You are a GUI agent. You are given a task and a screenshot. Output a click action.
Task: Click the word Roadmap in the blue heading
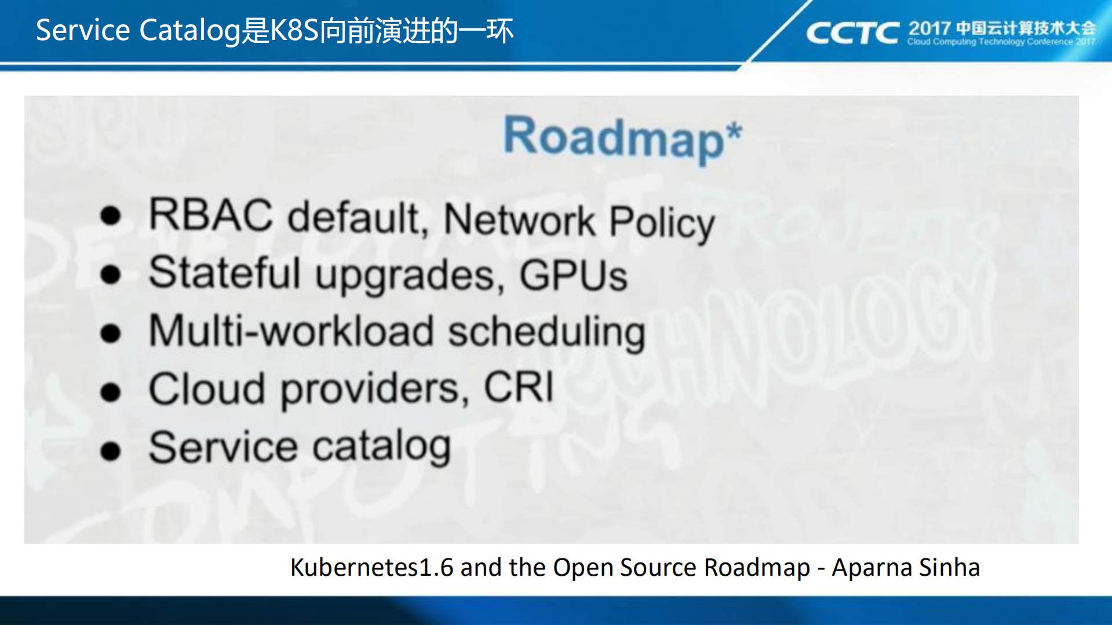tap(613, 138)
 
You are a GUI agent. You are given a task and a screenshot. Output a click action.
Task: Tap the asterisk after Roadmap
tap(734, 131)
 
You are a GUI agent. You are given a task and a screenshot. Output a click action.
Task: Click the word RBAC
tap(210, 215)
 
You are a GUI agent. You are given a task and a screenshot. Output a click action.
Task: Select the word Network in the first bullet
tap(519, 221)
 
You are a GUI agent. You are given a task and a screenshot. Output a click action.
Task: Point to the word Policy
tap(662, 224)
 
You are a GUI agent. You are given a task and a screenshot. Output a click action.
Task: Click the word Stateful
tap(225, 273)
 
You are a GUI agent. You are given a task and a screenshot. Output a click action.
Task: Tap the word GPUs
tap(573, 276)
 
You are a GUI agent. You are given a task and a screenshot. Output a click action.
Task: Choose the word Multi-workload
tap(291, 331)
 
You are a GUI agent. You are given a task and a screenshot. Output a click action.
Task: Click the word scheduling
tap(546, 334)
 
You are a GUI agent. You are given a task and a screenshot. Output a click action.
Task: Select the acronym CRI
tap(519, 387)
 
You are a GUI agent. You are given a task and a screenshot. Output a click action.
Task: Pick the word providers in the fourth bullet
tap(374, 389)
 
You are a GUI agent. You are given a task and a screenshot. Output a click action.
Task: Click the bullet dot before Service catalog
tap(110, 451)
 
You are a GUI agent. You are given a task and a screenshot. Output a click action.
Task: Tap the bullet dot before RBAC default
tap(110, 216)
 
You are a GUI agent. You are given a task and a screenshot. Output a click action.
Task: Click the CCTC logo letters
tap(852, 33)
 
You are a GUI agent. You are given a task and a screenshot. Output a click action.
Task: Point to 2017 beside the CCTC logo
tap(929, 28)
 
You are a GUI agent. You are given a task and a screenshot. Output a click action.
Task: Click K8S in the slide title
tap(295, 30)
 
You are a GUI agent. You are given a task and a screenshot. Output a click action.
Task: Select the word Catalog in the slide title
tap(189, 30)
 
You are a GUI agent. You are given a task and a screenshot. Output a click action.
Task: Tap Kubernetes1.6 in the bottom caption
tap(371, 568)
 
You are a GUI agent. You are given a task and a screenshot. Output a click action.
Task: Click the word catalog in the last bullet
tap(382, 447)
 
